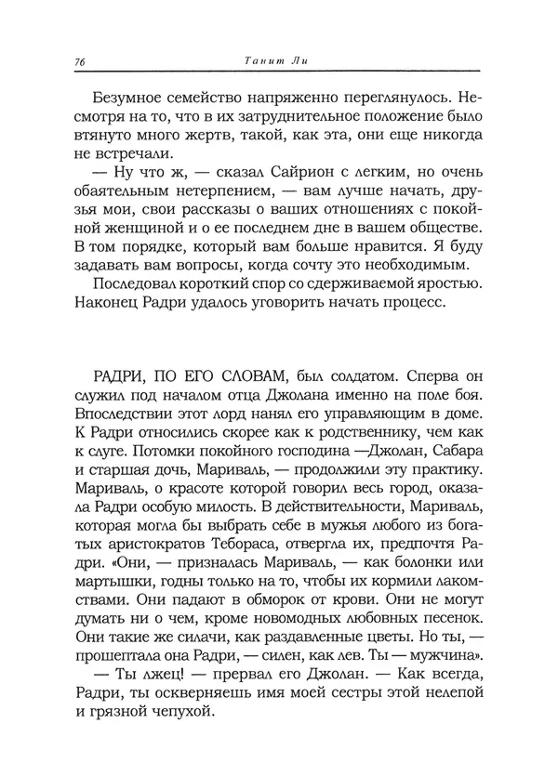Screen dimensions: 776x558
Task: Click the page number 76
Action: (79, 62)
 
